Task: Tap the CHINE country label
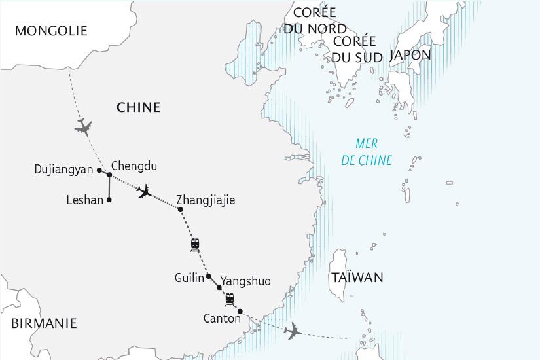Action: point(138,107)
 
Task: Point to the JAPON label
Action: point(410,55)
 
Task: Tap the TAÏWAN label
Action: point(357,278)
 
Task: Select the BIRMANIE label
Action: point(43,323)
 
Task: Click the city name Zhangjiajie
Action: point(206,200)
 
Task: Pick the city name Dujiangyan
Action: point(64,170)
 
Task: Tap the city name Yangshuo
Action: point(245,281)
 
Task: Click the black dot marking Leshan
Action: point(109,200)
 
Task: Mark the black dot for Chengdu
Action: point(109,175)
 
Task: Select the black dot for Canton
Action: point(240,310)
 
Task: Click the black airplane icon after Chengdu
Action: point(145,191)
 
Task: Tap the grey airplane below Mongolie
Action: point(83,126)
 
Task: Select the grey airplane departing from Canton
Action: point(293,331)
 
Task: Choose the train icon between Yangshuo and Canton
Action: point(230,300)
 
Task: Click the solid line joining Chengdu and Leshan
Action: point(109,188)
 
